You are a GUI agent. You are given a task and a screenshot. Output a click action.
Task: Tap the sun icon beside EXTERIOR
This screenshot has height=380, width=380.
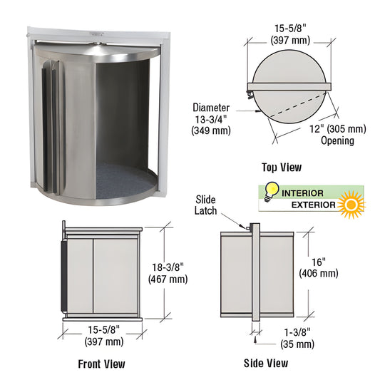pyautogui.click(x=352, y=206)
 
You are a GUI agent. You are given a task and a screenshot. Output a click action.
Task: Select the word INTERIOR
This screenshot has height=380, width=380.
pyautogui.click(x=303, y=193)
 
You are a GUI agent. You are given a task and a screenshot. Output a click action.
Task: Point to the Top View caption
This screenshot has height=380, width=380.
pyautogui.click(x=281, y=168)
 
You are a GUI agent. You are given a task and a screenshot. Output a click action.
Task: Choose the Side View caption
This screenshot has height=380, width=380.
pyautogui.click(x=266, y=364)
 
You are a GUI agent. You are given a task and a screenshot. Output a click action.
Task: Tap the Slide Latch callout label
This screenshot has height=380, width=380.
pyautogui.click(x=205, y=205)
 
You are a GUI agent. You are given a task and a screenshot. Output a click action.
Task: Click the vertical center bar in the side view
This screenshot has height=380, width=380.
pyautogui.click(x=255, y=271)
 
